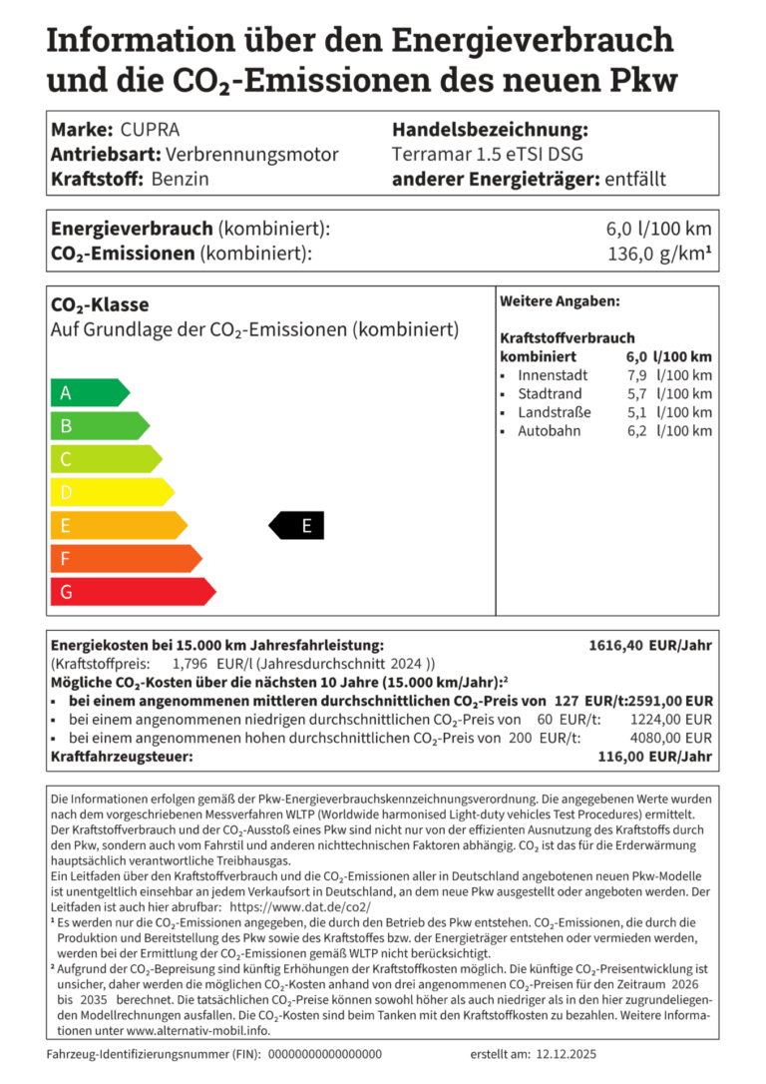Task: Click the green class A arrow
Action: [88, 392]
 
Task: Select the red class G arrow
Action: [130, 591]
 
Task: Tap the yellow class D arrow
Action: [110, 492]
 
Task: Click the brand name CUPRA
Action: [150, 130]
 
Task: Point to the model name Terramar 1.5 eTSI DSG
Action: [488, 155]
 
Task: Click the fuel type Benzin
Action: [180, 180]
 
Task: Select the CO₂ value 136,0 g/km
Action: [659, 254]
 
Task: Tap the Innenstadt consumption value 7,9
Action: [636, 375]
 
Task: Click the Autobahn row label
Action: [549, 430]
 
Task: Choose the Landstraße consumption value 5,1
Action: [636, 412]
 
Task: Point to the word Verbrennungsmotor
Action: [251, 155]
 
